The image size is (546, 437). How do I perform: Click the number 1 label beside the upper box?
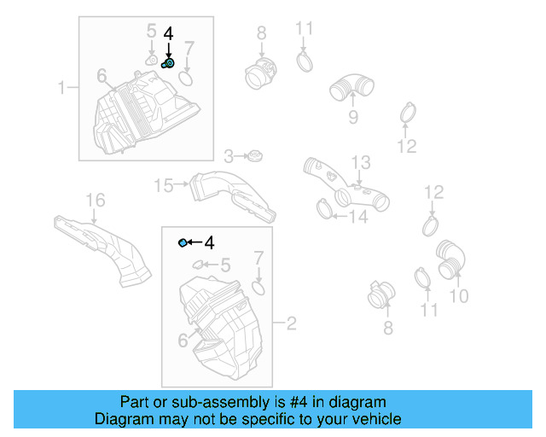[61, 87]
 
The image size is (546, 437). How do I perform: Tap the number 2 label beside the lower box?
[291, 323]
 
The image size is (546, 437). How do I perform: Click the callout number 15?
[162, 184]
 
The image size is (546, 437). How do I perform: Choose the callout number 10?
[458, 296]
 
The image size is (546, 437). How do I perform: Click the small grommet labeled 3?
[254, 156]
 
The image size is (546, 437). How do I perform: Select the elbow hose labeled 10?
[451, 259]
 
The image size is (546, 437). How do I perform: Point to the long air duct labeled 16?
[102, 248]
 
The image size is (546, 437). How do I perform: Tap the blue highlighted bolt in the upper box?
[168, 62]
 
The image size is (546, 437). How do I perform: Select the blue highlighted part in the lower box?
[183, 244]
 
